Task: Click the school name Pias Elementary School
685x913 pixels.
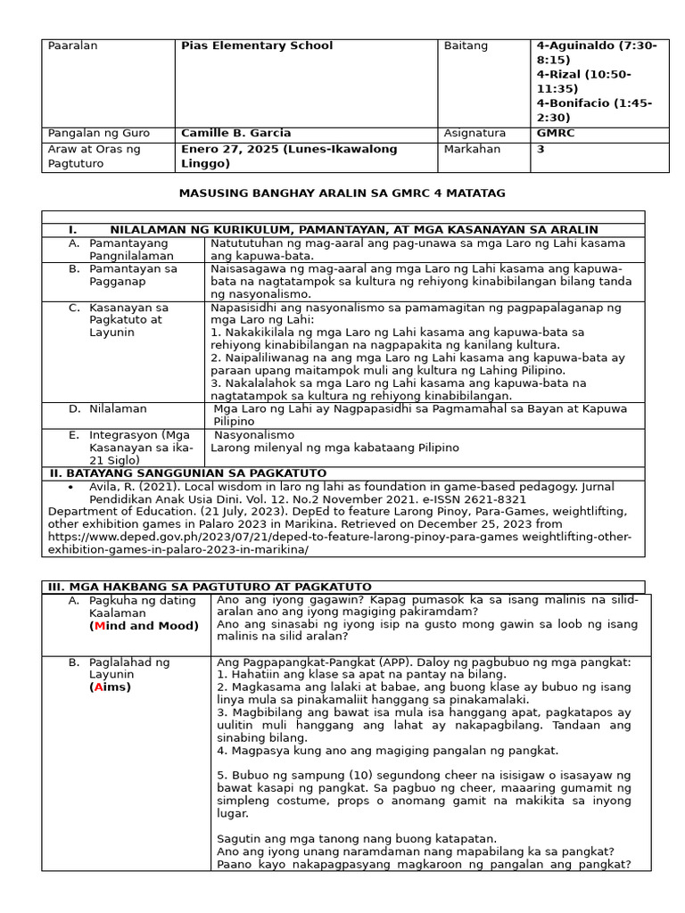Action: pyautogui.click(x=257, y=45)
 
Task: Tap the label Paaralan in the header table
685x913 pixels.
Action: pyautogui.click(x=72, y=45)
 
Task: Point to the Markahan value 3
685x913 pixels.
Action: pyautogui.click(x=541, y=149)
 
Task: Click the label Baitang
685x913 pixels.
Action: pyautogui.click(x=466, y=45)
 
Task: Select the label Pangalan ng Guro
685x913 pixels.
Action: pyautogui.click(x=98, y=133)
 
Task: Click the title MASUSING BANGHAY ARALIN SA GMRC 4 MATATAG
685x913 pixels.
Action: pyautogui.click(x=342, y=193)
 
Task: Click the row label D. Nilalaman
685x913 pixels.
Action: pyautogui.click(x=118, y=408)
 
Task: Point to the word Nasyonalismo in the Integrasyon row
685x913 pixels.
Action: pyautogui.click(x=252, y=434)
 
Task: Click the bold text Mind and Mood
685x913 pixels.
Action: pyautogui.click(x=144, y=626)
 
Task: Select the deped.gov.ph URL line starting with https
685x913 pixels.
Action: pyautogui.click(x=339, y=537)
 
